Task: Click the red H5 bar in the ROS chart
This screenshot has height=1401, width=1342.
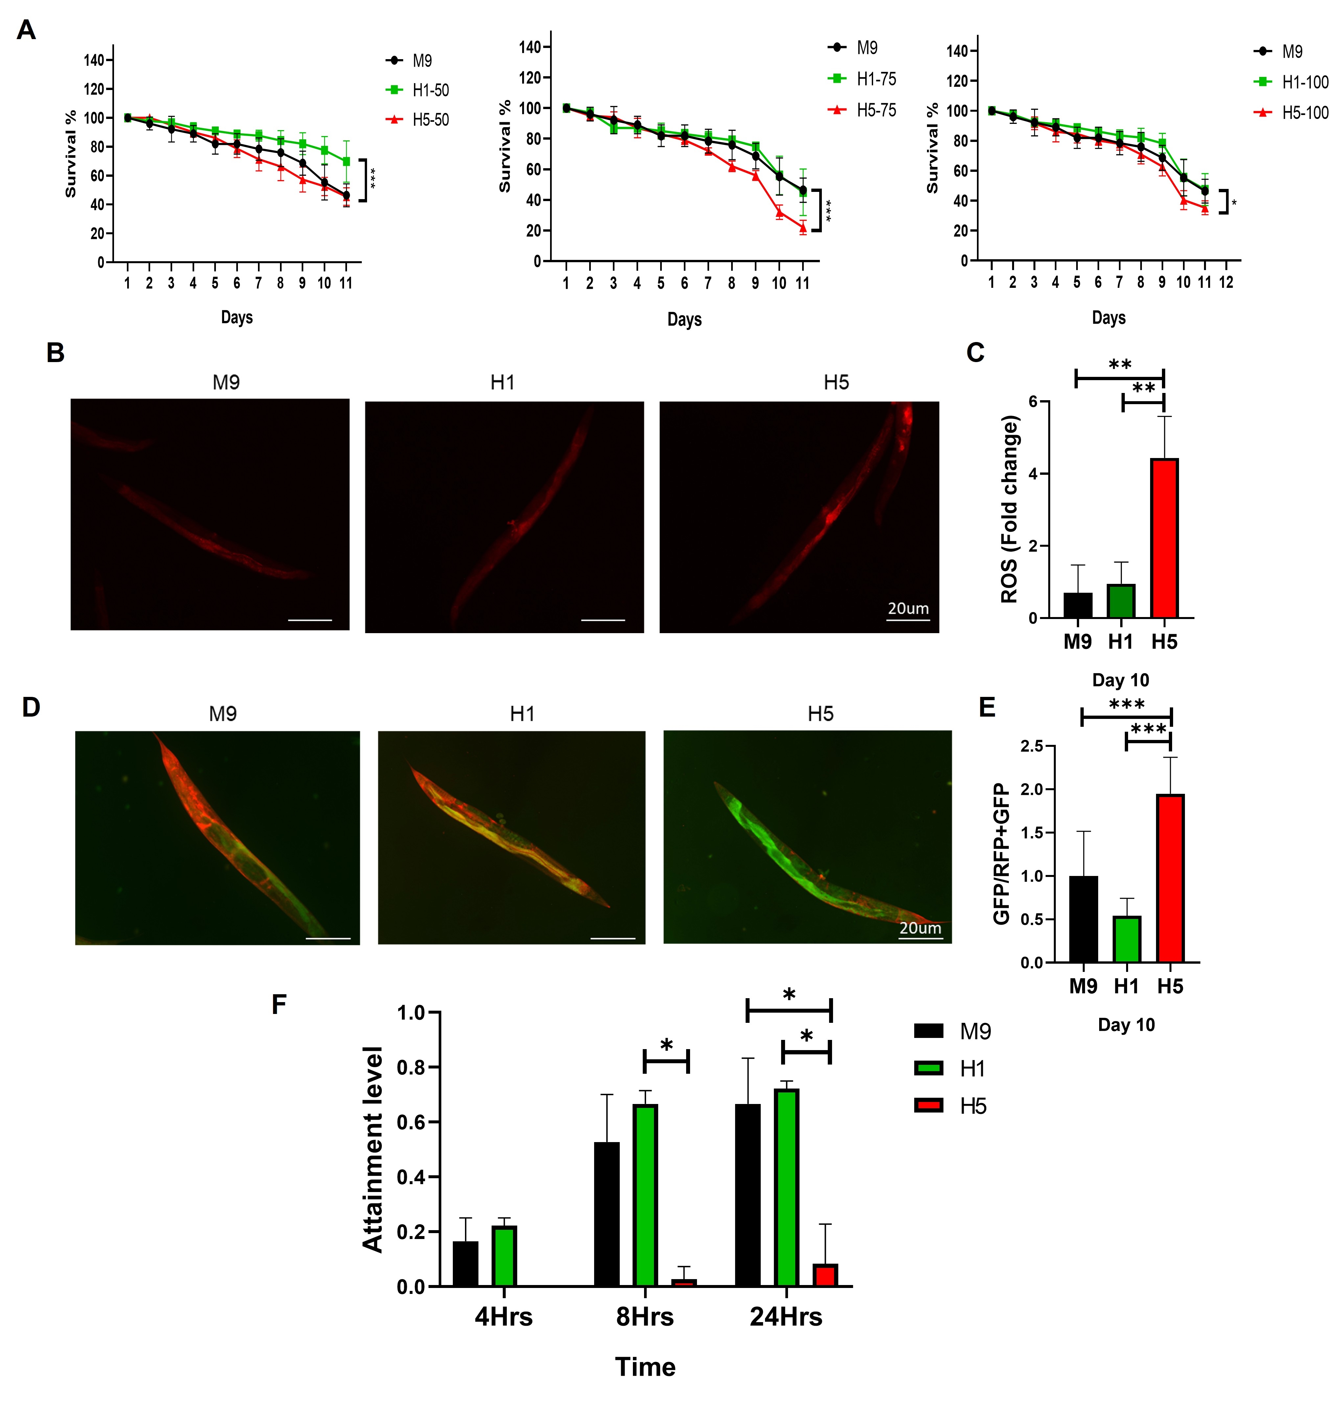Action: click(1164, 538)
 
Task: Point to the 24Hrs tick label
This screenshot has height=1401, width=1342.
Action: click(786, 1317)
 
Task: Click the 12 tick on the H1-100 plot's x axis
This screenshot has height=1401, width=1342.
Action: click(1226, 282)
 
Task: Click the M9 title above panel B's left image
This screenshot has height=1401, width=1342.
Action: click(226, 382)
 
